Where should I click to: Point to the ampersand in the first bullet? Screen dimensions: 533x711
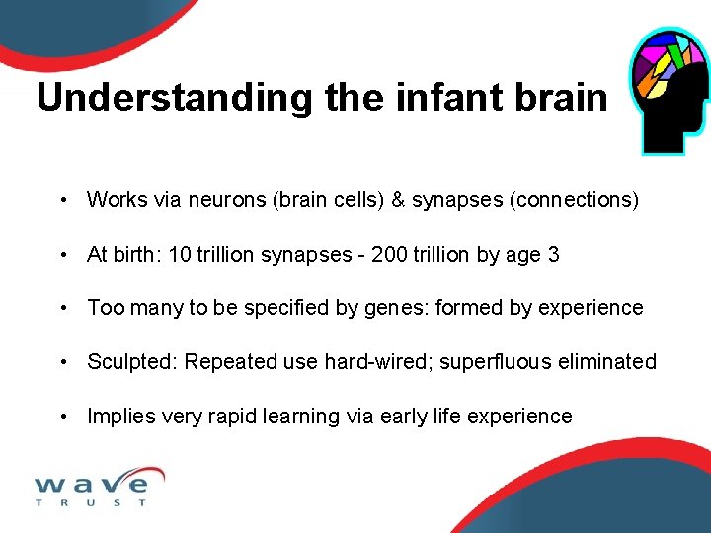click(x=398, y=200)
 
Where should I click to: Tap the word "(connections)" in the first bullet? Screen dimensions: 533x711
click(x=574, y=200)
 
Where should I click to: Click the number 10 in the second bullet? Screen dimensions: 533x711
click(x=180, y=255)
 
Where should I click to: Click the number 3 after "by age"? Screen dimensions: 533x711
click(x=554, y=255)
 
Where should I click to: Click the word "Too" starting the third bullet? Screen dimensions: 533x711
click(x=105, y=308)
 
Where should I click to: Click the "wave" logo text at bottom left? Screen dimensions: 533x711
click(x=93, y=483)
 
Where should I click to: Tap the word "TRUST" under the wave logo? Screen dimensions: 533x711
click(x=91, y=503)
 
